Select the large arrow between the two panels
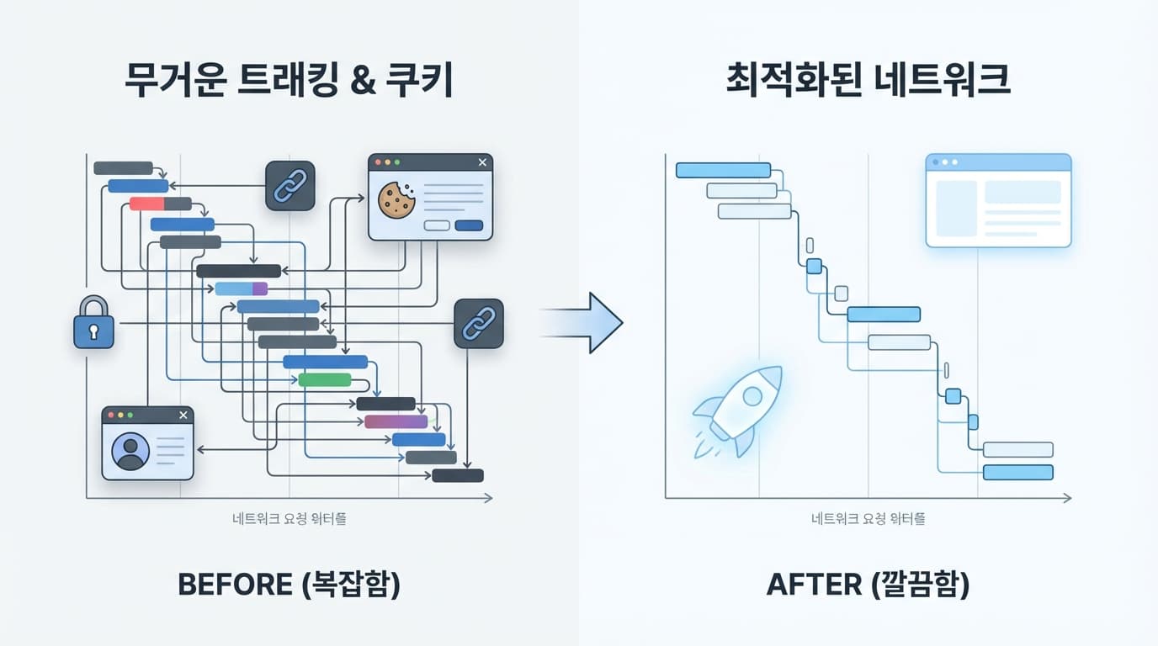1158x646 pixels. [x=589, y=323]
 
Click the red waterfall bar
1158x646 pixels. [x=146, y=204]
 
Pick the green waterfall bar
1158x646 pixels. [x=325, y=379]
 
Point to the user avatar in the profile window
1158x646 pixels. [x=130, y=451]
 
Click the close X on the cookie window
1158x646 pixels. [x=482, y=162]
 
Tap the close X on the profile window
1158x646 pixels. [x=183, y=415]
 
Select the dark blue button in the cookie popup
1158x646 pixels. [x=469, y=225]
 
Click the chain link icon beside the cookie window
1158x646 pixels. [x=290, y=186]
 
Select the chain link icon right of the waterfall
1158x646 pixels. [x=479, y=323]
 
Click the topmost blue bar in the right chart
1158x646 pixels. [x=724, y=170]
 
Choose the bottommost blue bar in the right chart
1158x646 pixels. [x=1018, y=472]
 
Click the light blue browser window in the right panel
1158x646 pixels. [x=998, y=200]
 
